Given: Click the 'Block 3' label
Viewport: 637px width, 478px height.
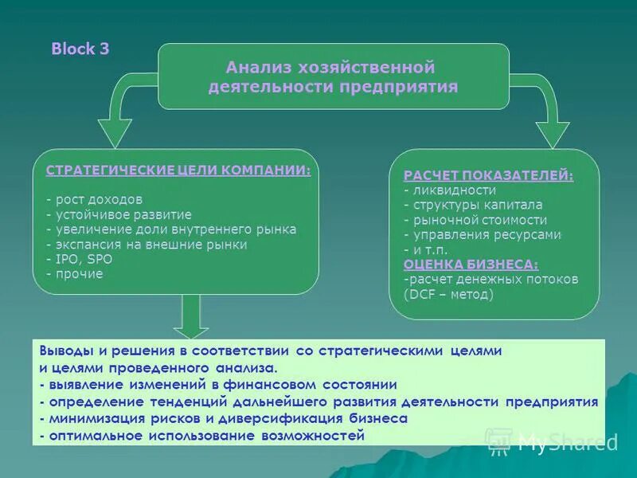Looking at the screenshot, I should click(80, 49).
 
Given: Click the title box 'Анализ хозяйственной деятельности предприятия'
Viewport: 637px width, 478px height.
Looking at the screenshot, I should click(333, 77).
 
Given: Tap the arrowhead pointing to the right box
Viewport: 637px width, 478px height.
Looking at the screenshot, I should click(552, 132).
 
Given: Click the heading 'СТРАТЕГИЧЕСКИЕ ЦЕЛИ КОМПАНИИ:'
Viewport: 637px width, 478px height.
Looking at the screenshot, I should click(178, 170).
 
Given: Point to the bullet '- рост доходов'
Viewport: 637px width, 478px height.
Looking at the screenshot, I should click(94, 199).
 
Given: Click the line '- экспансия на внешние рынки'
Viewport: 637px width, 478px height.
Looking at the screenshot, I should click(147, 245).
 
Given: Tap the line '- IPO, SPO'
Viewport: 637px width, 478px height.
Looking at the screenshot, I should click(80, 260).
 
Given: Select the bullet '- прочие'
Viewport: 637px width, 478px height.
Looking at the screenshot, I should click(74, 274).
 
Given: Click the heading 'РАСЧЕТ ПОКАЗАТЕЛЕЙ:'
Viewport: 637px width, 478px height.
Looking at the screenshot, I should click(488, 175).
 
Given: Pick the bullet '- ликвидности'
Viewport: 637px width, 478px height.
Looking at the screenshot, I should click(450, 190).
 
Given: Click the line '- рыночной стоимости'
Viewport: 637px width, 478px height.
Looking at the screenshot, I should click(475, 220).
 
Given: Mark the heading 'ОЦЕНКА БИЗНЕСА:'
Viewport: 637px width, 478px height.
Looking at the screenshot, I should click(471, 264).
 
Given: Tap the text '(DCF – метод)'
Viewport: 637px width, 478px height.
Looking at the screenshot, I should click(448, 294).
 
